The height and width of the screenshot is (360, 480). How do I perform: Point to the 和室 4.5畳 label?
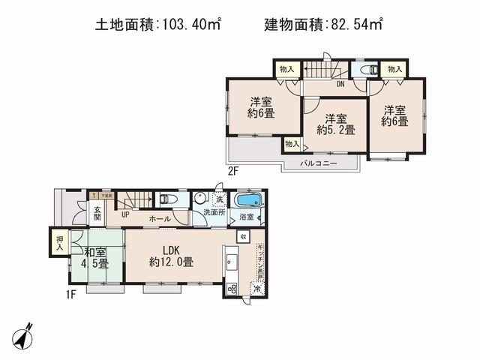pyautogui.click(x=95, y=258)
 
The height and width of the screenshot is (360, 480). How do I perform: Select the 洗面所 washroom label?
pyautogui.click(x=214, y=213)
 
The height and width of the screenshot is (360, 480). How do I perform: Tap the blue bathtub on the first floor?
pyautogui.click(x=247, y=200)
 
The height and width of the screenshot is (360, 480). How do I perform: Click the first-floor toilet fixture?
pyautogui.click(x=166, y=199)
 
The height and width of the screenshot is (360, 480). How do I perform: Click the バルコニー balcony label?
pyautogui.click(x=319, y=163)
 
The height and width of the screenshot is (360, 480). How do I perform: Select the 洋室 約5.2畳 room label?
pyautogui.click(x=335, y=123)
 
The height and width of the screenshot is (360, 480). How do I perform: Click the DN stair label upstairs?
pyautogui.click(x=340, y=84)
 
